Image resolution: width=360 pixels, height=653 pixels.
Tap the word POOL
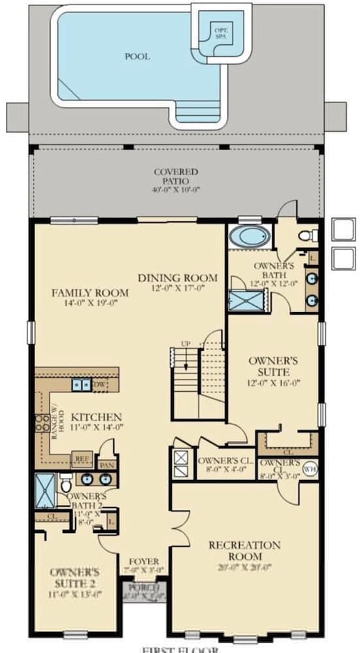[137, 57]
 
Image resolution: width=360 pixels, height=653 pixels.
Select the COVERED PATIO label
[176, 176]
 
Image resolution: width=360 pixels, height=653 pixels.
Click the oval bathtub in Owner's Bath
[249, 236]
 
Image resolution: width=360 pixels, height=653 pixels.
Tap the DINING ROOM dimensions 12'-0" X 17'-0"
[178, 287]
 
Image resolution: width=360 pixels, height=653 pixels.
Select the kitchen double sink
[82, 385]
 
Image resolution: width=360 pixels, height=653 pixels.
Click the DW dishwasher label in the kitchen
[99, 385]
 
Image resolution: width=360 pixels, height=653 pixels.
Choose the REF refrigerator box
[82, 458]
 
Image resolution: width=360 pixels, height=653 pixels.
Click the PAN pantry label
[106, 464]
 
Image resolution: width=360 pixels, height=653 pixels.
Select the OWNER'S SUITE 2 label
[74, 577]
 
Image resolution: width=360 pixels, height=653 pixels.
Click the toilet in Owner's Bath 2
[65, 484]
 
